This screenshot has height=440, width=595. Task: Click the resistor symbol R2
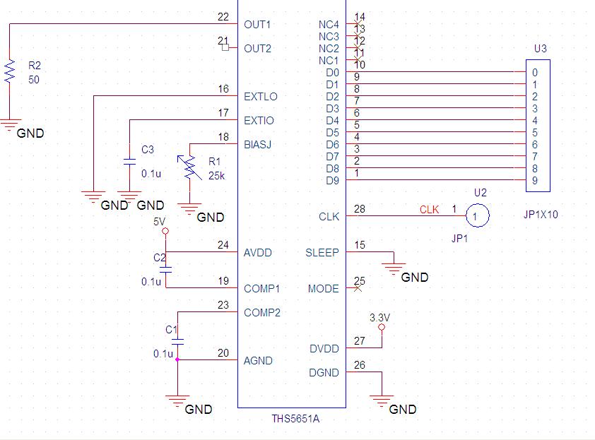tap(10, 72)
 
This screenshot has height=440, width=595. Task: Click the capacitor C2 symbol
tap(165, 270)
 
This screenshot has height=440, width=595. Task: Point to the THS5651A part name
tap(295, 419)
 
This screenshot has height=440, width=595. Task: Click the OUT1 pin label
tap(258, 25)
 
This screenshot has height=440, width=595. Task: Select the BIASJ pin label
tap(258, 145)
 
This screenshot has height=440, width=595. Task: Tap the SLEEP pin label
tap(322, 253)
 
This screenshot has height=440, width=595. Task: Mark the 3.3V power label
tap(381, 317)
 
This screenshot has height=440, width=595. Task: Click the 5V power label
tap(160, 221)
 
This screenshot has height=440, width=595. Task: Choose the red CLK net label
tap(429, 210)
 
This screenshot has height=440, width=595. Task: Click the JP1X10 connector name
tap(541, 215)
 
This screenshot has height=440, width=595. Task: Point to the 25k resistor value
tap(216, 175)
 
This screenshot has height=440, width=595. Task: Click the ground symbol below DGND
tap(382, 403)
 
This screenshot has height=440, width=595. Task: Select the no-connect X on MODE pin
tap(358, 288)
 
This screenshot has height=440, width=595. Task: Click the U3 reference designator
tap(541, 49)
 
